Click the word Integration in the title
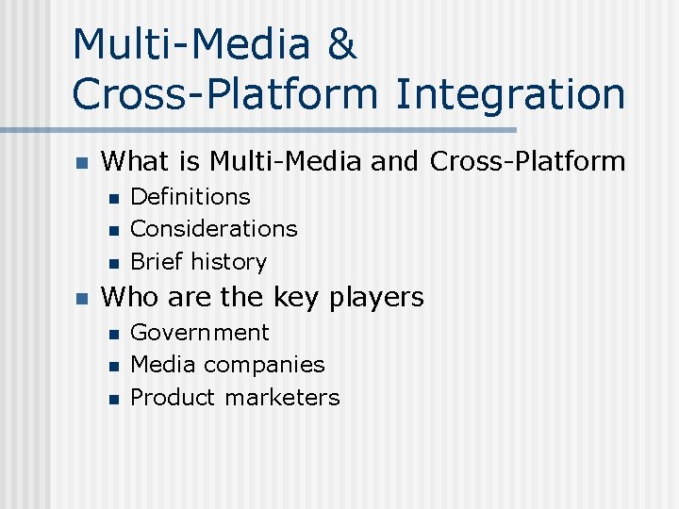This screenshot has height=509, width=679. click(x=510, y=94)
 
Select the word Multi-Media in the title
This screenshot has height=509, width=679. click(x=190, y=45)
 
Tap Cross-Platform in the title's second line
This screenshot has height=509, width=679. click(x=224, y=94)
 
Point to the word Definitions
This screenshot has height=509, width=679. click(x=190, y=197)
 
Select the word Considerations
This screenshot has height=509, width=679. click(x=213, y=229)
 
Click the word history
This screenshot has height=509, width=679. click(x=229, y=261)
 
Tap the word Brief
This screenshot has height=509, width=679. click(x=157, y=261)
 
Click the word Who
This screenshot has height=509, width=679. click(x=130, y=298)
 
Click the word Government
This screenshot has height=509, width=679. click(x=199, y=333)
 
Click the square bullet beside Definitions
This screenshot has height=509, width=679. click(x=113, y=198)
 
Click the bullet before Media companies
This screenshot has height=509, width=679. click(x=113, y=366)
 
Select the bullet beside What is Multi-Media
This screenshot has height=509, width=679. click(x=81, y=163)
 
